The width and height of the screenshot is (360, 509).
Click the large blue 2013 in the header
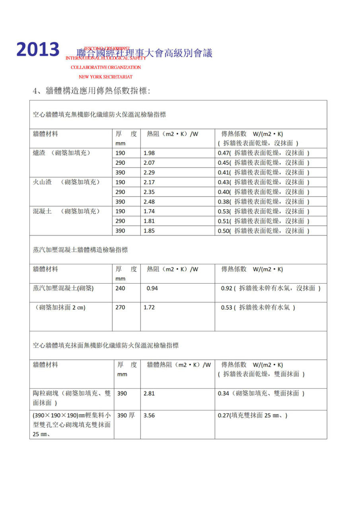38,49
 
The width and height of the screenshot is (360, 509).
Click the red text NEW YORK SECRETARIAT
105,77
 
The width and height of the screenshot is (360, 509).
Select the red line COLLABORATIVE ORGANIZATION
106,68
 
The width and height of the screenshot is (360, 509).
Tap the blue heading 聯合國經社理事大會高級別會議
144,53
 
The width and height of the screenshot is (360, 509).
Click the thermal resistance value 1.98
149,153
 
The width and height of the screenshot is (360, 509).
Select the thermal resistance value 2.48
149,202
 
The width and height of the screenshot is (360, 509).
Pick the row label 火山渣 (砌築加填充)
66,182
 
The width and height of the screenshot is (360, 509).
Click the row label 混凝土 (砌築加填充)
66,211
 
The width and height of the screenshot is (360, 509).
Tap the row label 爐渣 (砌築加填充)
62,153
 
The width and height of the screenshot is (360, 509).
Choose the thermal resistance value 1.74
149,211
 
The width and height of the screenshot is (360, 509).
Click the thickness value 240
120,288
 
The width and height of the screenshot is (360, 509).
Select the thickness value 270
120,307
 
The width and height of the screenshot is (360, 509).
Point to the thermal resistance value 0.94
152,288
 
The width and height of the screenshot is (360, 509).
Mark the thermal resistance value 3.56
149,415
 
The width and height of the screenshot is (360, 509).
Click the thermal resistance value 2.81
149,393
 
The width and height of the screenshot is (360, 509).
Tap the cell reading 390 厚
126,415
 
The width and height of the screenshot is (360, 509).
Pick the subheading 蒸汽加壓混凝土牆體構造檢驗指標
80,250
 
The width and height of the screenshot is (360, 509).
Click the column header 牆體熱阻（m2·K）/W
179,365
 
